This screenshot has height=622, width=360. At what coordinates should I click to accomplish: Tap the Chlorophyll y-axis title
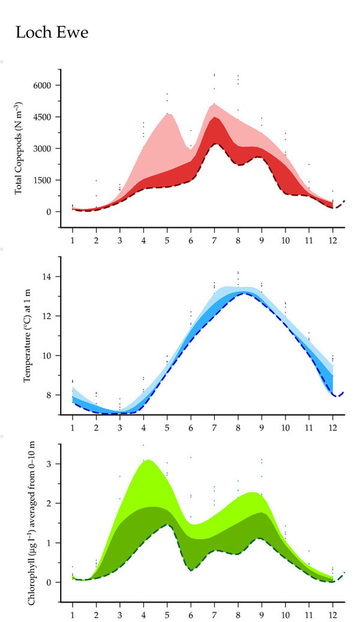(x=27, y=521)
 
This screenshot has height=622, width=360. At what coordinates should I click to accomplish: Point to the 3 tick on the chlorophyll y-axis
(x=52, y=464)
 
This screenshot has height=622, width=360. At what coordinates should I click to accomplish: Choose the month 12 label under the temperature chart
(x=332, y=427)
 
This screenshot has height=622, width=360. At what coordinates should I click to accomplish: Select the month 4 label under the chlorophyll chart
(x=143, y=615)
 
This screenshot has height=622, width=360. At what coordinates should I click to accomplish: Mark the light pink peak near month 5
(x=169, y=113)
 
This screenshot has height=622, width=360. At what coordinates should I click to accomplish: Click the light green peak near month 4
(x=148, y=460)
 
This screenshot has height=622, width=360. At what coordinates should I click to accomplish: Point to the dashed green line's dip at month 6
(x=191, y=570)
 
